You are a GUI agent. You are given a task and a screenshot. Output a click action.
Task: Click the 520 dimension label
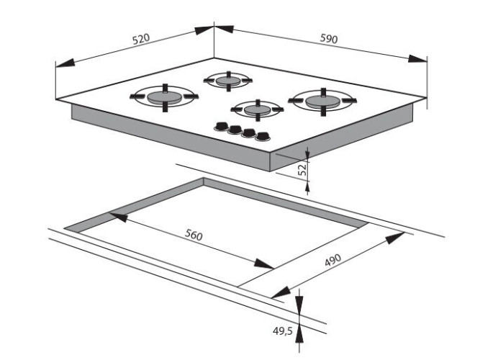click(x=141, y=40)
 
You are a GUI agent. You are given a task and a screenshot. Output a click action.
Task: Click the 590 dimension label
click(x=329, y=38)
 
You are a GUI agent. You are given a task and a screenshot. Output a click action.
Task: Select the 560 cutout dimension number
click(x=194, y=235)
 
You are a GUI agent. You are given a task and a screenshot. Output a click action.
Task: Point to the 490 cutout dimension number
click(x=333, y=260)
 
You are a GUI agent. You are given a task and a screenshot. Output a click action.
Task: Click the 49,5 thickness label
click(x=283, y=330)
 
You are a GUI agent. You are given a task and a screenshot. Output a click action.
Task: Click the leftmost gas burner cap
click(x=164, y=98)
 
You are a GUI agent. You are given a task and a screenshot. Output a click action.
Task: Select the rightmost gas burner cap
click(x=323, y=102)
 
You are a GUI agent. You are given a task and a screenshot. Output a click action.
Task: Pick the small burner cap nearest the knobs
click(x=257, y=109)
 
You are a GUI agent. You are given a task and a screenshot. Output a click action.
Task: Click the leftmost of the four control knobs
click(x=221, y=127)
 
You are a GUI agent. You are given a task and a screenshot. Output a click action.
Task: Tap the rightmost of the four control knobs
click(x=263, y=137)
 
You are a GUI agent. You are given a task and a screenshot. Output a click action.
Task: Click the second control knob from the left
click(x=235, y=130)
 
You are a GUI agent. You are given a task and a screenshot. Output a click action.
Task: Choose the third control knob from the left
click(x=249, y=133)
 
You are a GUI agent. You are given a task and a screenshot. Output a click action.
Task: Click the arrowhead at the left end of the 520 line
click(x=65, y=63)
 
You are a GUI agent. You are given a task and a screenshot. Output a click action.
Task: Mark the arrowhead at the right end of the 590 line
click(x=418, y=59)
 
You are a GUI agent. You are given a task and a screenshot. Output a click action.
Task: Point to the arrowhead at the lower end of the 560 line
click(x=264, y=264)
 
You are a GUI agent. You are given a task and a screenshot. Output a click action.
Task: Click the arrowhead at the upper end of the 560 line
click(x=119, y=217)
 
